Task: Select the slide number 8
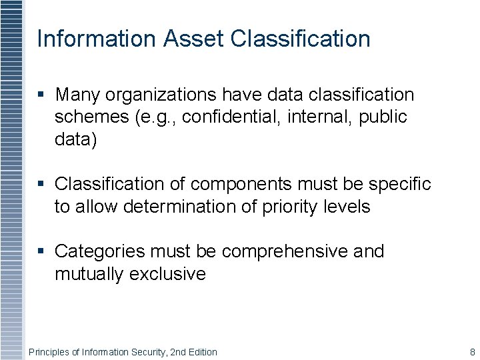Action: point(472,352)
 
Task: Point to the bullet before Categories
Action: point(42,252)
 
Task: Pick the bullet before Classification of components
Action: point(42,184)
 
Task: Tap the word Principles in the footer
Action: point(49,352)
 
